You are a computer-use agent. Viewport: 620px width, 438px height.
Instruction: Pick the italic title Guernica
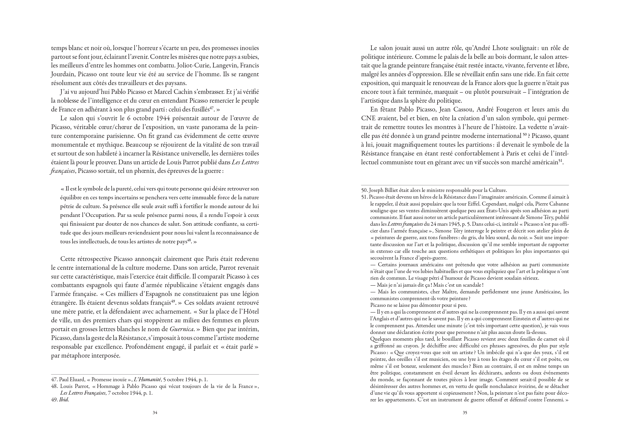coord(181,329)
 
